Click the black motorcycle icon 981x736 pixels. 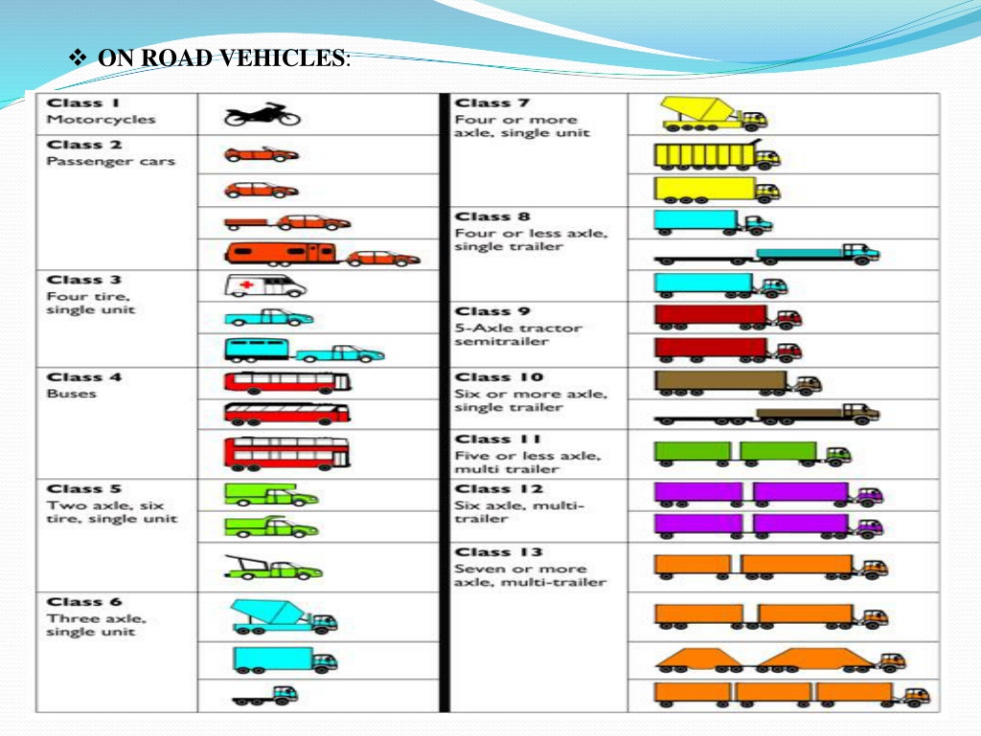coord(262,114)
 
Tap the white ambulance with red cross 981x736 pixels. coord(265,286)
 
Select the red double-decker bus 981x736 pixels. coord(287,453)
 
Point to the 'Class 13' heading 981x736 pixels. coord(498,552)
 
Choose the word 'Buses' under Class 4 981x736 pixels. coord(71,394)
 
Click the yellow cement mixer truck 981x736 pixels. coord(714,114)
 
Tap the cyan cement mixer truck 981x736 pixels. coord(284,617)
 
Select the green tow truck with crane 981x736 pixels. coord(273,567)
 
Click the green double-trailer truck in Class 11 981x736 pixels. coord(753,453)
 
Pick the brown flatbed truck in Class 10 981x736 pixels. coord(766,414)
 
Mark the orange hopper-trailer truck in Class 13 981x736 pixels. coord(780,660)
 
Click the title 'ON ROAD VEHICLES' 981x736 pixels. coord(221,57)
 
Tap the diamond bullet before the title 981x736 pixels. coord(78,58)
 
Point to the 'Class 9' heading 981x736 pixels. coord(491,311)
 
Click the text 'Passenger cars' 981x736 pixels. coord(110,161)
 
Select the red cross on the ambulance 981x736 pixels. coord(247,285)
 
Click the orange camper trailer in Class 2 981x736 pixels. coord(281,253)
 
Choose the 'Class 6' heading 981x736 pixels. coord(84,602)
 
